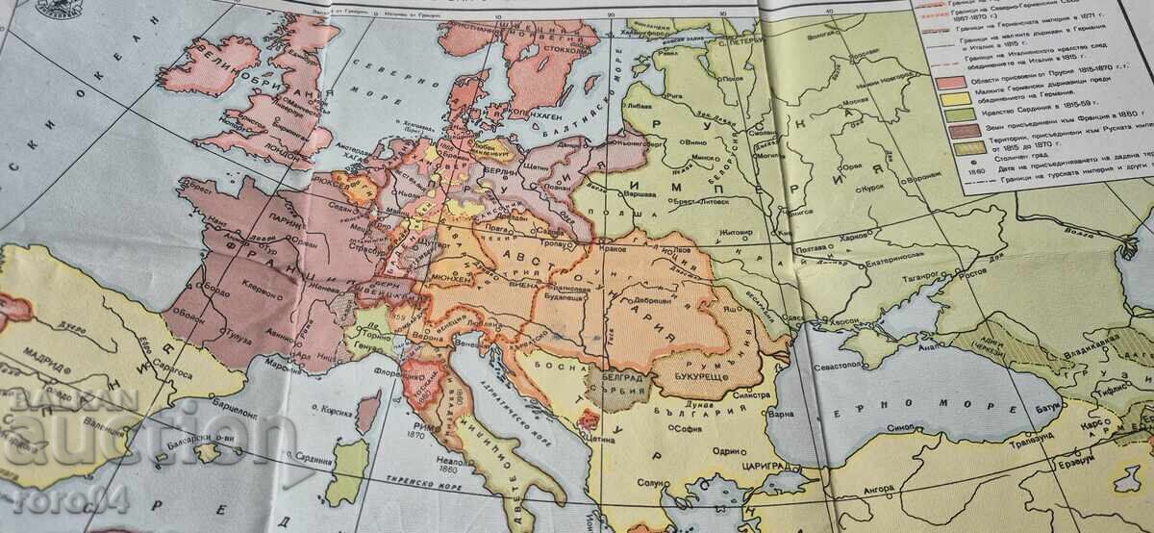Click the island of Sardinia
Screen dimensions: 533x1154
(348, 471)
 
